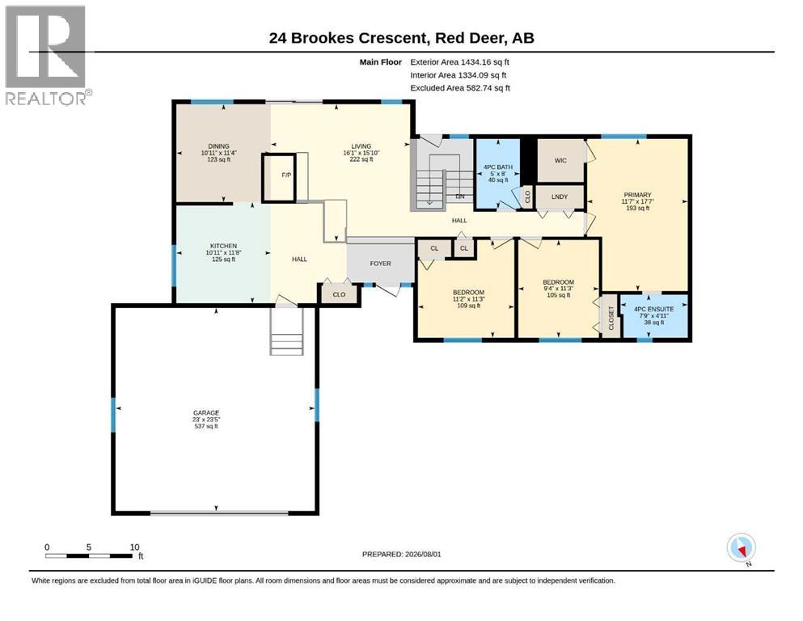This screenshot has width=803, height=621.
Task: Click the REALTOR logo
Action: click(x=49, y=55)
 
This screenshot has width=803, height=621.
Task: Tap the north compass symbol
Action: click(x=742, y=549)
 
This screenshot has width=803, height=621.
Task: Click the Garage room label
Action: click(x=206, y=412)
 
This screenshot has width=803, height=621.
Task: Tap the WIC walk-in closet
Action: click(x=560, y=160)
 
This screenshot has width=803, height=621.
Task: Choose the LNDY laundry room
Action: click(x=560, y=196)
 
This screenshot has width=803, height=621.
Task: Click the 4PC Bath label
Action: click(x=498, y=167)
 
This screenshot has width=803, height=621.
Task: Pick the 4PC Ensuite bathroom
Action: click(x=654, y=315)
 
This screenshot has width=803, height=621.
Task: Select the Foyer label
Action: click(x=381, y=263)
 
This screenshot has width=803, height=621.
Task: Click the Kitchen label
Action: click(x=223, y=246)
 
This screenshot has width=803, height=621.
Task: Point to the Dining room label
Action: click(x=218, y=146)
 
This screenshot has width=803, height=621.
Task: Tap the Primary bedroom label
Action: click(x=637, y=195)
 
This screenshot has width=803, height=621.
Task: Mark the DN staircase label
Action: click(x=460, y=196)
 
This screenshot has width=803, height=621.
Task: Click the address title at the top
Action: click(x=401, y=38)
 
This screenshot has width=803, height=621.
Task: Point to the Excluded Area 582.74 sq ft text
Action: click(x=460, y=88)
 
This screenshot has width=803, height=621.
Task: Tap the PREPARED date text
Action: click(x=401, y=554)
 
